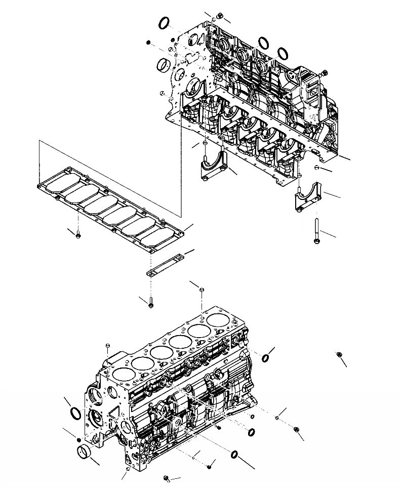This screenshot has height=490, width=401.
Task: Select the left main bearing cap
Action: pyautogui.click(x=213, y=168)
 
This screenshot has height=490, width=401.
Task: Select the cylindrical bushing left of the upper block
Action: pyautogui.click(x=164, y=65)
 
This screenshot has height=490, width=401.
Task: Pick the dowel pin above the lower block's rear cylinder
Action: pyautogui.click(x=202, y=290)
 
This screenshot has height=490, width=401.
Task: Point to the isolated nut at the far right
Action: pyautogui.click(x=339, y=355)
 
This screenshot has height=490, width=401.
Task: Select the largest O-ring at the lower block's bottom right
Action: pyautogui.click(x=235, y=455)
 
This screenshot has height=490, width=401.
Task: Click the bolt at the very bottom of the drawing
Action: pyautogui.click(x=167, y=477)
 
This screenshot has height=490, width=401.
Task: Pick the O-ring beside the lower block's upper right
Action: pyautogui.click(x=265, y=359)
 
